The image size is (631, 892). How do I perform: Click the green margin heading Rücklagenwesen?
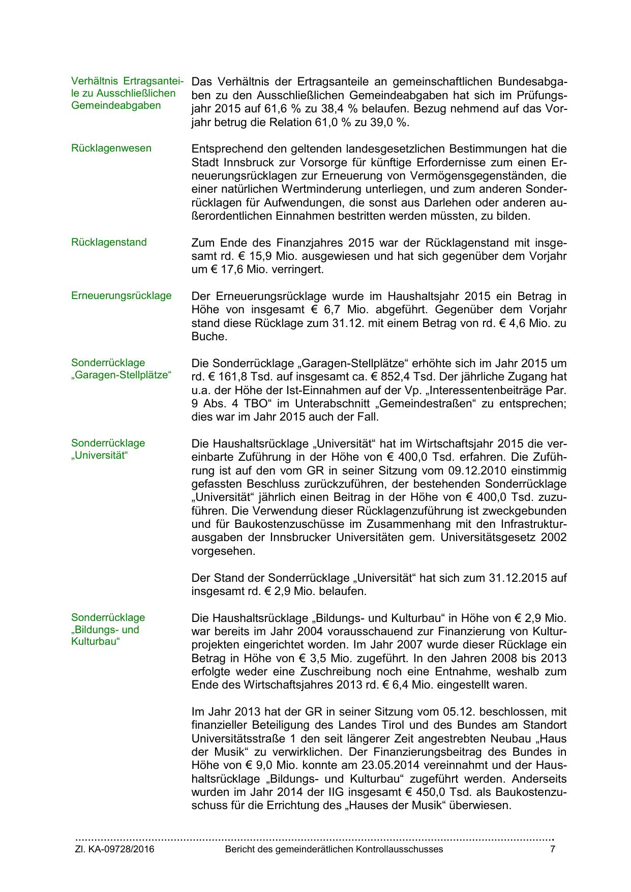point(111,148)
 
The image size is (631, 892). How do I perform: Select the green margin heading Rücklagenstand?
point(109,243)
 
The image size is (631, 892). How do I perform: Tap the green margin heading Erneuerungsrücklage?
point(122,296)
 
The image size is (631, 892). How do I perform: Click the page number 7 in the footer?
point(553,849)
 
